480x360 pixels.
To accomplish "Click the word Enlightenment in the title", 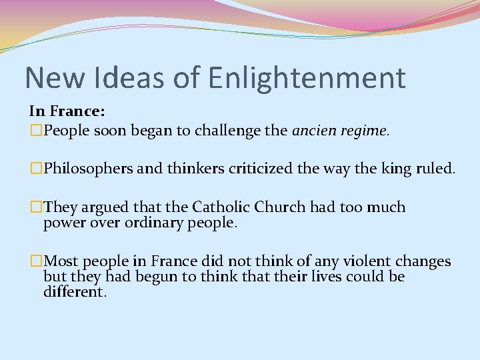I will coord(307,78).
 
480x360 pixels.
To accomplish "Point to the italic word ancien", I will coord(315,131).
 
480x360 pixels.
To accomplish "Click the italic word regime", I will coord(365,132).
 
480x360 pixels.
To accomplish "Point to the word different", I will coord(74,291).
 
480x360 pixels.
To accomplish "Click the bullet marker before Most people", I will coord(36,261).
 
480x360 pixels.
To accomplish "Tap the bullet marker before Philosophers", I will coord(36,169).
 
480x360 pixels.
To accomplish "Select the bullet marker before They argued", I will coord(36,207).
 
